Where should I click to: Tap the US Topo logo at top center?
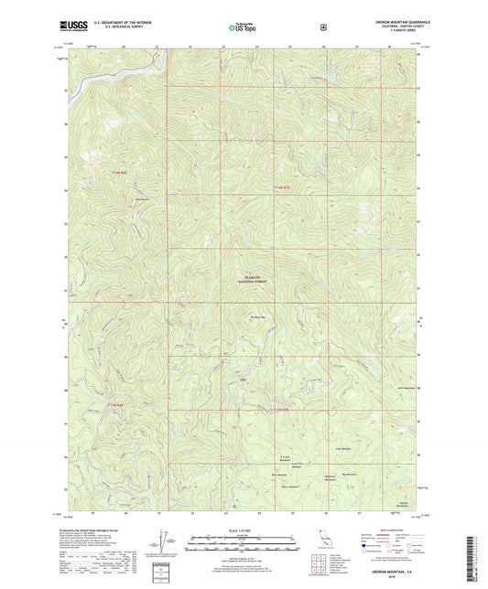pos(243,27)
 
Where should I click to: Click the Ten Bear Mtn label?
pos(259,317)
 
